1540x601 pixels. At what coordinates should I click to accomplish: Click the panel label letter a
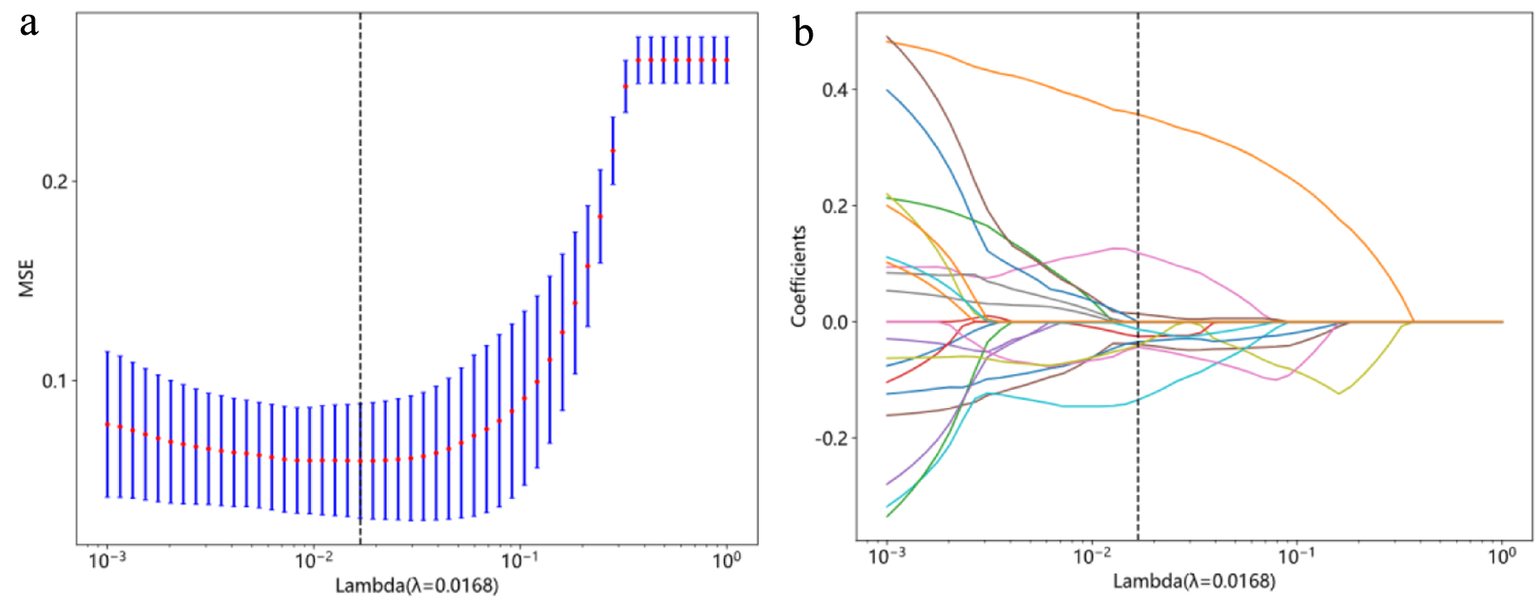(30, 24)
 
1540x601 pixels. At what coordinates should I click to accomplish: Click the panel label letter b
(803, 33)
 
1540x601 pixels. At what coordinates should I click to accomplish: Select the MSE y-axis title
(26, 277)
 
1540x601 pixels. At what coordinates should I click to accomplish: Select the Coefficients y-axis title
(799, 277)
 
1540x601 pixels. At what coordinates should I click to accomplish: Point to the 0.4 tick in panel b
(835, 90)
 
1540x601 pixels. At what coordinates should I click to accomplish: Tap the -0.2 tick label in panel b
(832, 437)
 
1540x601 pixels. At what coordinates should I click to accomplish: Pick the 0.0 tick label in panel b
(835, 322)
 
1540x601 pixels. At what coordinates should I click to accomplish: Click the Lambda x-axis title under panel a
(417, 585)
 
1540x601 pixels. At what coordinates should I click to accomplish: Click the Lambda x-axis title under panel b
(1194, 581)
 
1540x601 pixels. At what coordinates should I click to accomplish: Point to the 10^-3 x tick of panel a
(107, 560)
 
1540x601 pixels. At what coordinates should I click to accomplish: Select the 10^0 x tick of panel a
(727, 560)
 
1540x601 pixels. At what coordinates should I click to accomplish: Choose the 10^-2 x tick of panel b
(1092, 556)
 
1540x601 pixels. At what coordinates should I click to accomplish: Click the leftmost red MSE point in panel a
(107, 424)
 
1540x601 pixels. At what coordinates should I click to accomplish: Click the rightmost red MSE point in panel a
(727, 60)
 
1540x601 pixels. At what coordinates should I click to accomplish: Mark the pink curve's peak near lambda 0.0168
(1116, 249)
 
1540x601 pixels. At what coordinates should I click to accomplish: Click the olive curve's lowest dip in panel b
(1338, 393)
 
